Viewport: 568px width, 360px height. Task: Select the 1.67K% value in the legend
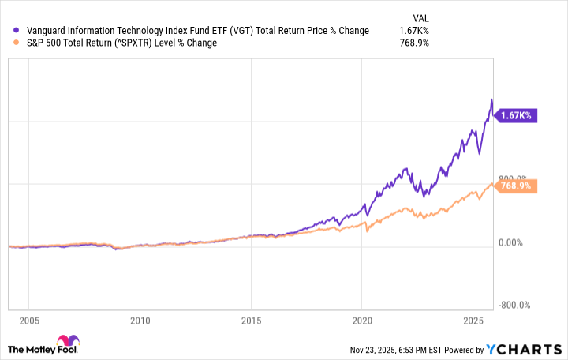click(414, 31)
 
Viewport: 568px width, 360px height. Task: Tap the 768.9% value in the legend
click(413, 43)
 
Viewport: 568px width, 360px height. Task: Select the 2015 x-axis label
click(250, 321)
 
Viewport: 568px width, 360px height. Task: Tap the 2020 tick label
click(361, 321)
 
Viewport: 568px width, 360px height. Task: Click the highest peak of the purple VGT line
click(491, 100)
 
